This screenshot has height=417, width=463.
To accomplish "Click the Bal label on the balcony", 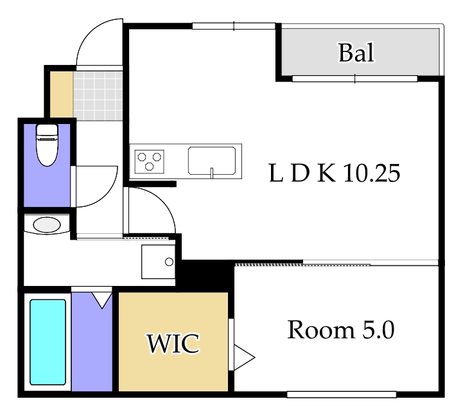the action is tap(356, 53).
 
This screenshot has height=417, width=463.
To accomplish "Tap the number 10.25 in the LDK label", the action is tap(372, 173).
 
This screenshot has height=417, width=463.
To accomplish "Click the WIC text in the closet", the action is tap(173, 343).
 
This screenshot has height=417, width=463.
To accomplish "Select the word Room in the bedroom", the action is tap(321, 330).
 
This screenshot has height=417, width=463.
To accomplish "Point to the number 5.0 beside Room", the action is tap(378, 330).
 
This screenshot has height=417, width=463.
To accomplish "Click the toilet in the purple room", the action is tap(47, 145).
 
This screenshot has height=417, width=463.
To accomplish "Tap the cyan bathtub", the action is tap(48, 342).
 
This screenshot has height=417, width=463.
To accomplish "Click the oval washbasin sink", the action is tap(47, 225).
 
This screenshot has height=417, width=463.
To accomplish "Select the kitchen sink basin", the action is tap(212, 161).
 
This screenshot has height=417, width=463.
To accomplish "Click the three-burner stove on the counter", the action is tap(149, 161).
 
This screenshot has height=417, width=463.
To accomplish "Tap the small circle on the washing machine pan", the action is tap(169, 262).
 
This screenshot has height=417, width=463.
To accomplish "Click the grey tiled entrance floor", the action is tap(98, 96).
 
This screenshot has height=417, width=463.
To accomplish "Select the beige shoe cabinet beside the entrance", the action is tap(62, 94).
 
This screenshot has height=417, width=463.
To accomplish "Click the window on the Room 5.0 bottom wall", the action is tap(342, 395).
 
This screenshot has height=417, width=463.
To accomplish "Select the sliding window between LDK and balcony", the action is tap(354, 78).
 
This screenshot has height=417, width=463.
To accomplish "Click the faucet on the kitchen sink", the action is tap(212, 173).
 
